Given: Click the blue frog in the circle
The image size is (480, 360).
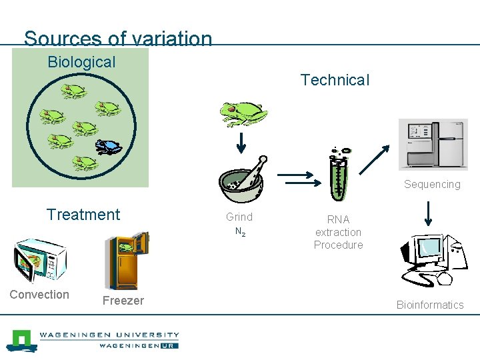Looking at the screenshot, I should click(x=108, y=146).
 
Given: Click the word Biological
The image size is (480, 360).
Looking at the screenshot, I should click(x=81, y=62).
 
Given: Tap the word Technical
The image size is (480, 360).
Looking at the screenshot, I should click(x=335, y=80).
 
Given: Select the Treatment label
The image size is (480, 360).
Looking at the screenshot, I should click(x=83, y=215).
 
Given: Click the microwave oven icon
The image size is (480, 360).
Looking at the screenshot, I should click(x=40, y=261).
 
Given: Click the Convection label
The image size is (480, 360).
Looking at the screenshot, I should click(x=39, y=295).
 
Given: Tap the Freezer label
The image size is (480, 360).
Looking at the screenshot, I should click(x=123, y=301).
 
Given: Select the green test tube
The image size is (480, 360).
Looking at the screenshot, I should click(x=338, y=174).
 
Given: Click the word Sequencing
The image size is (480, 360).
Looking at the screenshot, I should click(x=432, y=184).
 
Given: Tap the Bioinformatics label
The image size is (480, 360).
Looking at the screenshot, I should click(x=430, y=305).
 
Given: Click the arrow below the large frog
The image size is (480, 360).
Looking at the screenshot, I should click(x=242, y=142).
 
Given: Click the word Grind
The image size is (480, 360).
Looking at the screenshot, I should click(x=239, y=217).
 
